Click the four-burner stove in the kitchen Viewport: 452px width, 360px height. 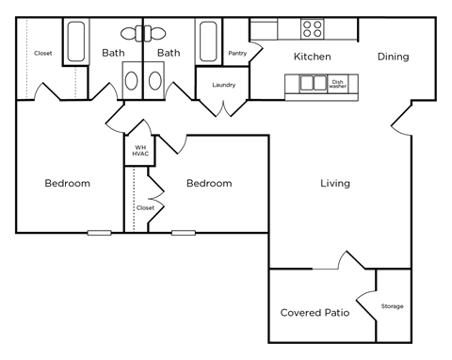click(x=312, y=27)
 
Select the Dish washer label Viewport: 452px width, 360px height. click(x=337, y=83)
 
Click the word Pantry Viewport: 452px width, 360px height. click(x=237, y=54)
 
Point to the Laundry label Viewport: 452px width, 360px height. click(x=223, y=86)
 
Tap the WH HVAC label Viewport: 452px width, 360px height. click(x=139, y=150)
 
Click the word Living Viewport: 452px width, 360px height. click(x=335, y=183)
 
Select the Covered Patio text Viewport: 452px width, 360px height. click(x=315, y=312)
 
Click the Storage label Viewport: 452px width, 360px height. click(x=392, y=306)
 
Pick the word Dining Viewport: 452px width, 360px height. click(x=393, y=57)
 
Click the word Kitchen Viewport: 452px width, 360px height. click(x=312, y=57)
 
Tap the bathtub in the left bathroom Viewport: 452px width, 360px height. click(x=77, y=41)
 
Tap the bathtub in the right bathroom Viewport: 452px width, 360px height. click(x=209, y=41)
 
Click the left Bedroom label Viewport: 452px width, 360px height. click(x=68, y=183)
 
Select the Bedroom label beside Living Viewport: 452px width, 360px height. click(x=208, y=183)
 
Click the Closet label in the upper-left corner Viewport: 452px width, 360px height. click(x=43, y=54)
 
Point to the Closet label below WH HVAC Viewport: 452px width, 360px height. click(x=145, y=207)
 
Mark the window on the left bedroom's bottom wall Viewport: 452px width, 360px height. click(x=99, y=232)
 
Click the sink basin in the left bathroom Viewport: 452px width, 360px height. click(x=131, y=80)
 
